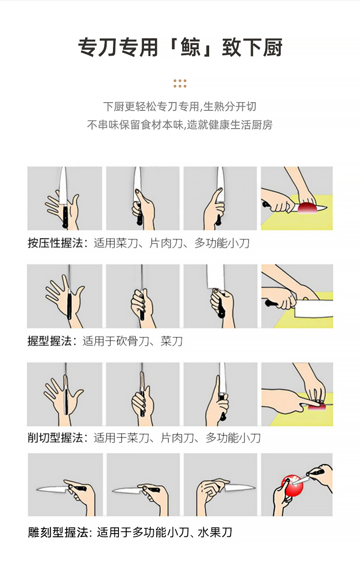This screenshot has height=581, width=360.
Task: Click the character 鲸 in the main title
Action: (191, 47)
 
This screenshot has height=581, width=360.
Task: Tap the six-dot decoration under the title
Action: (180, 83)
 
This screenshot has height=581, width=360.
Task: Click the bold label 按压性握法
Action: (56, 243)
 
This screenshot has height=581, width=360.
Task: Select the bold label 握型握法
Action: (50, 341)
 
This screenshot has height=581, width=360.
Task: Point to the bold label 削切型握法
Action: (56, 438)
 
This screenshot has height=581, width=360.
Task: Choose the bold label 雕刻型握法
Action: (58, 533)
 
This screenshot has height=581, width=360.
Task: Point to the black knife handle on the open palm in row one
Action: (65, 216)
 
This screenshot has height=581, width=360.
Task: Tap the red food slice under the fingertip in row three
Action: (316, 408)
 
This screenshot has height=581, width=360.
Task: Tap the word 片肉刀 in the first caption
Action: (166, 243)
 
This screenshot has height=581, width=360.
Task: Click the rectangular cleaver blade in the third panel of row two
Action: (216, 277)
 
